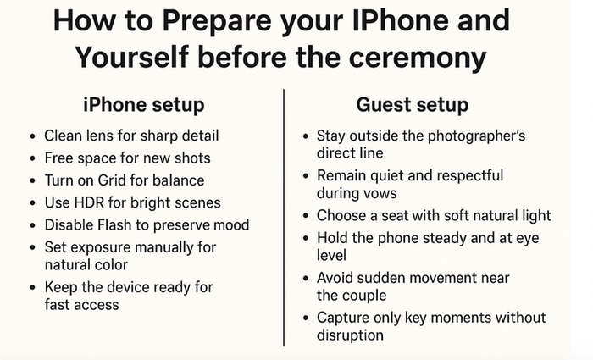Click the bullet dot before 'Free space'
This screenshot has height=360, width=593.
(32, 158)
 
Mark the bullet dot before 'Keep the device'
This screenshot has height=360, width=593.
(32, 287)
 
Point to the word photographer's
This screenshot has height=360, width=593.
(494, 136)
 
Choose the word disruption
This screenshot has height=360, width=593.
(351, 335)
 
